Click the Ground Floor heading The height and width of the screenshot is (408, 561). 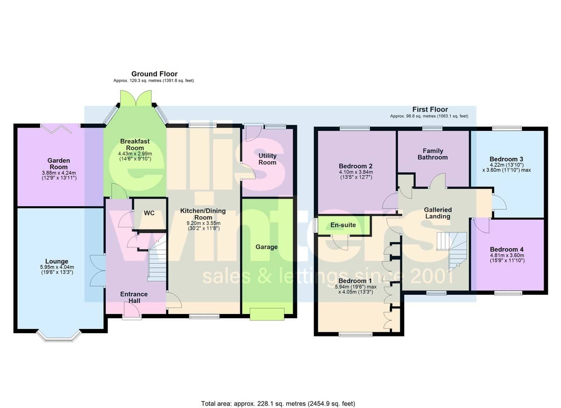154,74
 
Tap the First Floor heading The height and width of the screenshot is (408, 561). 430,109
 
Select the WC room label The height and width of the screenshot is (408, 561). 149,213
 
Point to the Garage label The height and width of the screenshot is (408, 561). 266,247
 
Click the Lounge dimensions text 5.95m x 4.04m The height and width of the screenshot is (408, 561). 57,267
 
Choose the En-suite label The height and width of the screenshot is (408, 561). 343,225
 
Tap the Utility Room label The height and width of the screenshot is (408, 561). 267,159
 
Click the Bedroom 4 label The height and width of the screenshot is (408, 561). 507,249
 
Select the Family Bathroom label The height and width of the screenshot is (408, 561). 433,154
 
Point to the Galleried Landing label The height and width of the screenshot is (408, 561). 438,213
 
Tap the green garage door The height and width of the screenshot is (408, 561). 267,314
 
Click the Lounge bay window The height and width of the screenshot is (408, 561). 59,336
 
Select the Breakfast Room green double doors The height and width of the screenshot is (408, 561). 136,98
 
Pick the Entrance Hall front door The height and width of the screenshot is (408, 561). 132,311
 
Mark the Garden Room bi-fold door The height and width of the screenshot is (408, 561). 57,129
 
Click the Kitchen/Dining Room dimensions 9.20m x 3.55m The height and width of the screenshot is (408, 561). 203,223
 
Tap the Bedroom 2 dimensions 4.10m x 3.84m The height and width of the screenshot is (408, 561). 356,172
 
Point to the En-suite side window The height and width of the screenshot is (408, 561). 316,224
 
